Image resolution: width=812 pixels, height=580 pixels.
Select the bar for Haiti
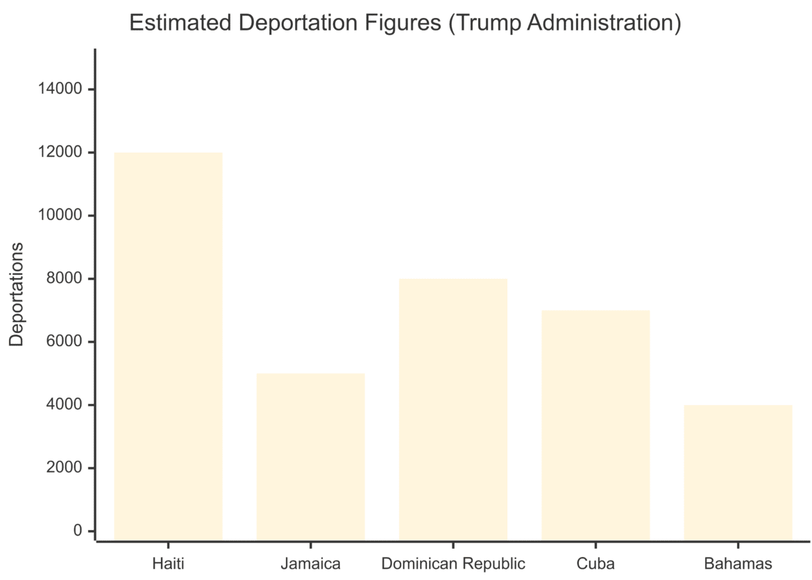click(168, 346)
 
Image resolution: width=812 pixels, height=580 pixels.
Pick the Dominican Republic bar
click(453, 409)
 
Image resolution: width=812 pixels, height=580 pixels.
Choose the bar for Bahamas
click(738, 472)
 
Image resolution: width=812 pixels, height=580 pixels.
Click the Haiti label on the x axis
click(168, 563)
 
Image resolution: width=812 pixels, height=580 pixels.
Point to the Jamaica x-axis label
click(310, 563)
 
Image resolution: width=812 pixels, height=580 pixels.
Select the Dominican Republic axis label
click(453, 563)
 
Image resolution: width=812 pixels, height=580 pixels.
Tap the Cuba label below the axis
click(595, 563)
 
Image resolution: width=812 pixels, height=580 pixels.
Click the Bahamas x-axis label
click(738, 563)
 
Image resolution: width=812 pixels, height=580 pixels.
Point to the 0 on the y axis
click(77, 531)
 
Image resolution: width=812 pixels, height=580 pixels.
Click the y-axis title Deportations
click(17, 294)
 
